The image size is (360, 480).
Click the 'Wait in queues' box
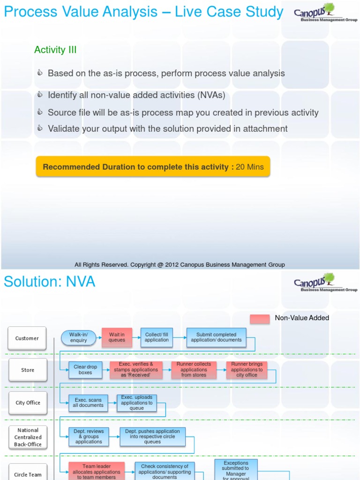[117, 337]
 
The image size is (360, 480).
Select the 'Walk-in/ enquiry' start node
[78, 337]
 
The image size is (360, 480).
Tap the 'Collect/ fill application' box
[157, 337]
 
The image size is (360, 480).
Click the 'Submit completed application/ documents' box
[216, 337]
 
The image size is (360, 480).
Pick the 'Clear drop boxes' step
[85, 370]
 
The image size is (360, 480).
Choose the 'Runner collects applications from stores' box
[194, 370]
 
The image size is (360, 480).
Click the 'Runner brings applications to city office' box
[247, 370]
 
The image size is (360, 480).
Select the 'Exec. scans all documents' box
[88, 403]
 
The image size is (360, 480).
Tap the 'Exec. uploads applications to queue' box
[136, 403]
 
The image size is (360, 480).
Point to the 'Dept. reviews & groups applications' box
[89, 436]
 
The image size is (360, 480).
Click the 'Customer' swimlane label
[27, 338]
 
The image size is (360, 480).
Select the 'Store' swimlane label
[28, 370]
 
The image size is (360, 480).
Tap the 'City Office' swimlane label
[28, 403]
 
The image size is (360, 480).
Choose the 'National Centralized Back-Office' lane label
[28, 437]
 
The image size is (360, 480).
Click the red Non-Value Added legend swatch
[260, 319]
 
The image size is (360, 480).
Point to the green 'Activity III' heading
[55, 50]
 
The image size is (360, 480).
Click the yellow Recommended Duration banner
[153, 167]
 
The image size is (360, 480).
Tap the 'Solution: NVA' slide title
[49, 282]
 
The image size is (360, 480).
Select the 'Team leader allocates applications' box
[97, 472]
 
